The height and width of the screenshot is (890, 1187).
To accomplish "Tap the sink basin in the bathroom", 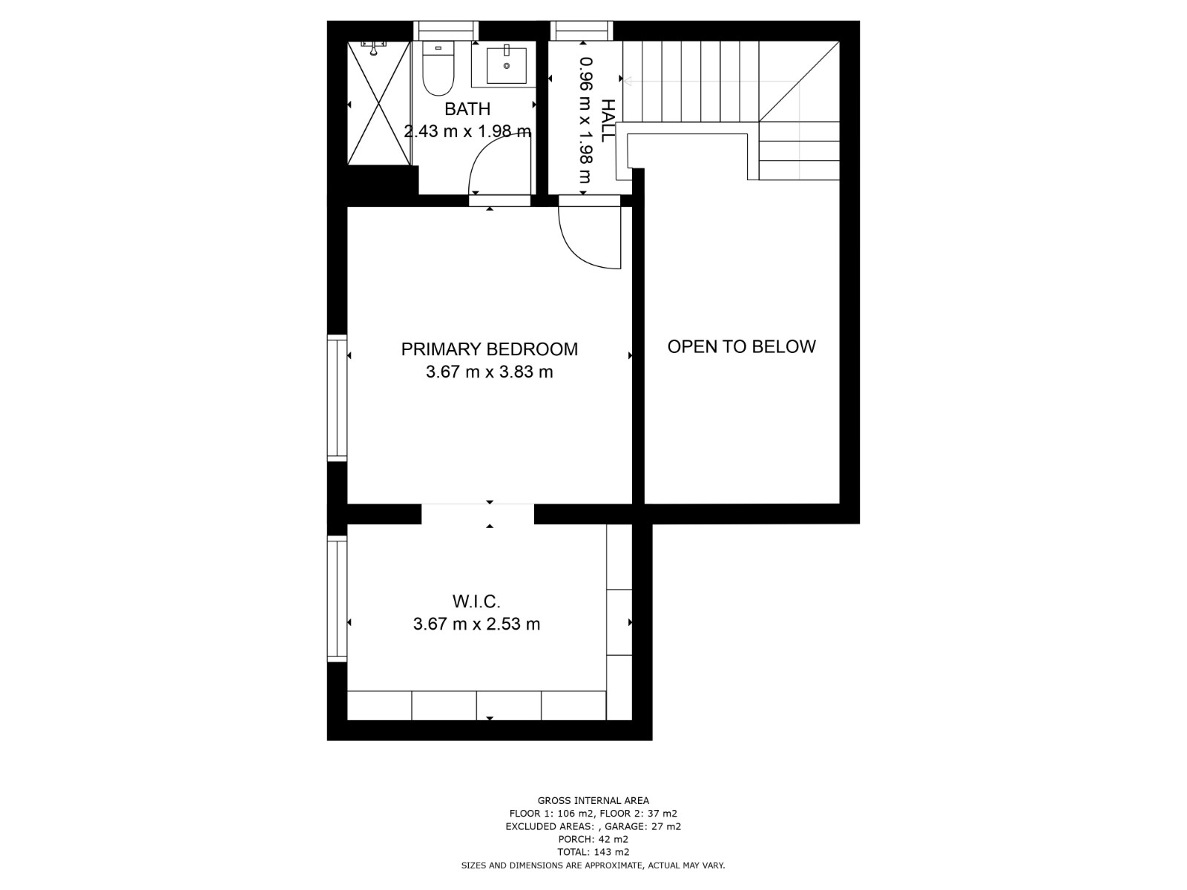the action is (x=506, y=65).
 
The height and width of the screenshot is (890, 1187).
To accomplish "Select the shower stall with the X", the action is (x=379, y=102).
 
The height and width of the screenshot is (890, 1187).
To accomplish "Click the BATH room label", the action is (x=467, y=108).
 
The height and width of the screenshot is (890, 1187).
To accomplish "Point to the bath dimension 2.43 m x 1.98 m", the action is (x=467, y=131).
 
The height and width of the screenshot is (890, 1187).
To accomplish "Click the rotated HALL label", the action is (x=608, y=120).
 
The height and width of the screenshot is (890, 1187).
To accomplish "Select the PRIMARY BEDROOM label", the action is (x=490, y=349).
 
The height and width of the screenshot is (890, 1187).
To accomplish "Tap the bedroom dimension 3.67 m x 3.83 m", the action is (x=490, y=372).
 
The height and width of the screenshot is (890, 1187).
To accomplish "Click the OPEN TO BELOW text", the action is (x=741, y=346).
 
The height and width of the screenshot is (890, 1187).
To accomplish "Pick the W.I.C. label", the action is (x=476, y=601).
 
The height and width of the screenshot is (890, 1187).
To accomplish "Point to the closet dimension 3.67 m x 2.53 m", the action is (x=476, y=624).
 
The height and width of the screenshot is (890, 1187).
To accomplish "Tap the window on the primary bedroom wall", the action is (x=337, y=398).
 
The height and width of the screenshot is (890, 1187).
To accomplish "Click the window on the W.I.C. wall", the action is (x=337, y=599).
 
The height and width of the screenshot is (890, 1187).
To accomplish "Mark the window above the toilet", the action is (x=446, y=30).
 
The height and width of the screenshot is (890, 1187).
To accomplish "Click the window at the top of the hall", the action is (x=582, y=30).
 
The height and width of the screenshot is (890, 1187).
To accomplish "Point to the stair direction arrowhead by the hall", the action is (x=627, y=82).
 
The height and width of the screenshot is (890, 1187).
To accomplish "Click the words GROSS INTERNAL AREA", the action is (x=593, y=800).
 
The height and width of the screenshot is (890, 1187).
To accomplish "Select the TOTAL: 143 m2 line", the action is (x=593, y=852).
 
